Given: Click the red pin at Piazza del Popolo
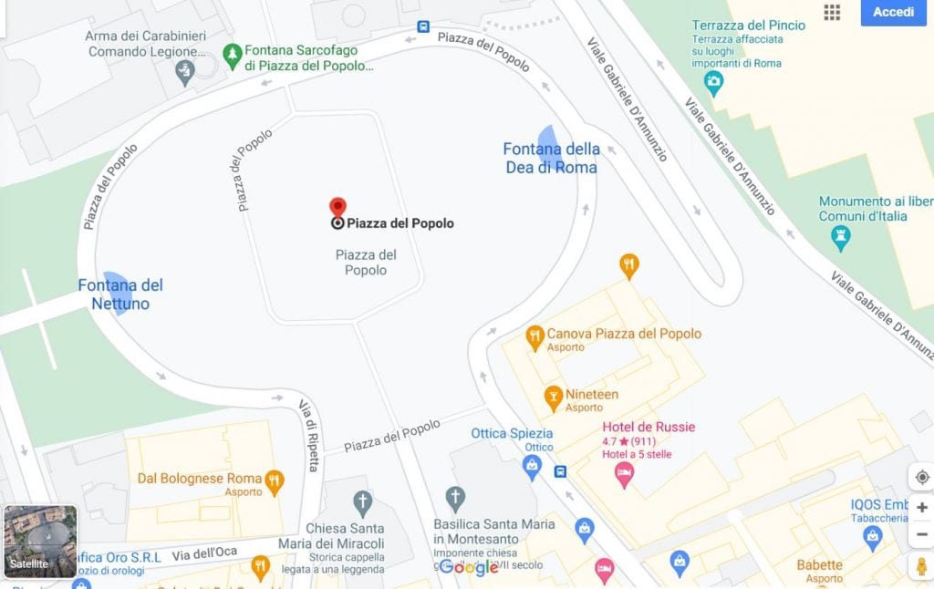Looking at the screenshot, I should (337, 208).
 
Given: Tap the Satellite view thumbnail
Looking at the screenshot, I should (40, 542).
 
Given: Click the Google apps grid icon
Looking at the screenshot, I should (832, 12).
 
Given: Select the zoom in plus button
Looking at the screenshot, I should (921, 507).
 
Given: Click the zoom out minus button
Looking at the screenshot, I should (921, 534).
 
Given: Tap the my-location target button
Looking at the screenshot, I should (921, 477).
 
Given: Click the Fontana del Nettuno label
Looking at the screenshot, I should (119, 294).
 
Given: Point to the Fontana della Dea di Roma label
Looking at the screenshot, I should (551, 158).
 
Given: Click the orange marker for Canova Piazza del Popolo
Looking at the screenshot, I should (535, 337).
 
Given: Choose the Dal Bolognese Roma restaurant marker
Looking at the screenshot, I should (274, 480).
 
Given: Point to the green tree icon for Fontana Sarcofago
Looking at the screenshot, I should (232, 54).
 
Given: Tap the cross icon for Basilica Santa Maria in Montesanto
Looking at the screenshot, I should (455, 498).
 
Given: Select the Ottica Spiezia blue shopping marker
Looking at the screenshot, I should (532, 467).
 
